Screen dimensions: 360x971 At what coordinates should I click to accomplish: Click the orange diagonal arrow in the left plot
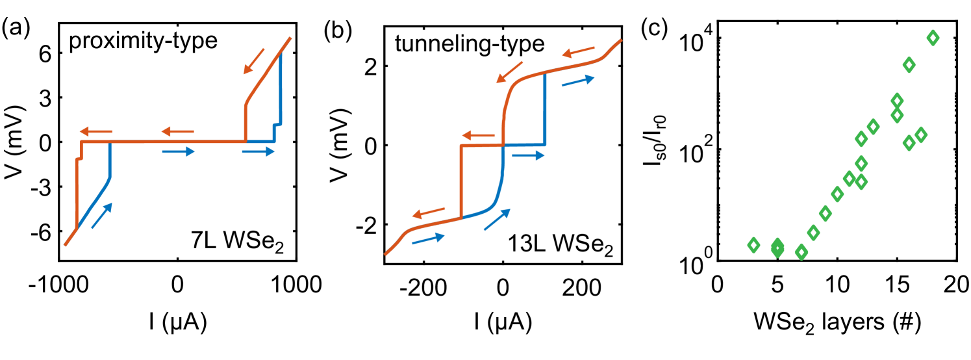coord(254,61)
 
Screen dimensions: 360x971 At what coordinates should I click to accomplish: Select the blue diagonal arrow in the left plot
coord(102,215)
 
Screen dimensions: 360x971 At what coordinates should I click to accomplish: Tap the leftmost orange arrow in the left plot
coord(96,132)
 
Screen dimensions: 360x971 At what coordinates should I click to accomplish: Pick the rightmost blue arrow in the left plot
coord(259,151)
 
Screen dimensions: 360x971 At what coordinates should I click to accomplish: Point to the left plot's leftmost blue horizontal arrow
coord(179,151)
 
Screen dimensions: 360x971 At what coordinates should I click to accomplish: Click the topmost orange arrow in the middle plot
coord(578,52)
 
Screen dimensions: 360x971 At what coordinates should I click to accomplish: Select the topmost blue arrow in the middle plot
coord(578,81)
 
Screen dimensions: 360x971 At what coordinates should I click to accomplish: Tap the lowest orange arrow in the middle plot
coord(429,212)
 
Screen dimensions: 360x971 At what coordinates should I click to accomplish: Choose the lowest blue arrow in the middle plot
coord(428,238)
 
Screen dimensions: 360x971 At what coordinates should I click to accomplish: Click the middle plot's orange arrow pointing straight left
coord(478,136)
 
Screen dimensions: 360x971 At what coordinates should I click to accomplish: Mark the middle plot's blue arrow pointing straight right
coord(528,155)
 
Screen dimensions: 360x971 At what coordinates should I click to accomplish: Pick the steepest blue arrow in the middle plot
coord(497,220)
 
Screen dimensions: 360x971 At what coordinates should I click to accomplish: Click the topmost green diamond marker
coord(933,38)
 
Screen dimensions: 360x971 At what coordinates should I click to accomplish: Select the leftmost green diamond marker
coord(753,245)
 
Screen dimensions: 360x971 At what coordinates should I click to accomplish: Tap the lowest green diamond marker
coord(801,252)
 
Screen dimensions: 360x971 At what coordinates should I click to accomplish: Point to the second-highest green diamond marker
coord(909,65)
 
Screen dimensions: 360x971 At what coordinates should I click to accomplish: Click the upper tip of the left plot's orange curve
coord(290,38)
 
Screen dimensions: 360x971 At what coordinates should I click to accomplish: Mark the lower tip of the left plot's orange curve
coord(65,245)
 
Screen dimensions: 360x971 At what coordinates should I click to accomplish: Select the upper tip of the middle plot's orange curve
coord(621,40)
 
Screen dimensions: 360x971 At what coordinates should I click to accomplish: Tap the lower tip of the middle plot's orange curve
coord(386,254)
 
